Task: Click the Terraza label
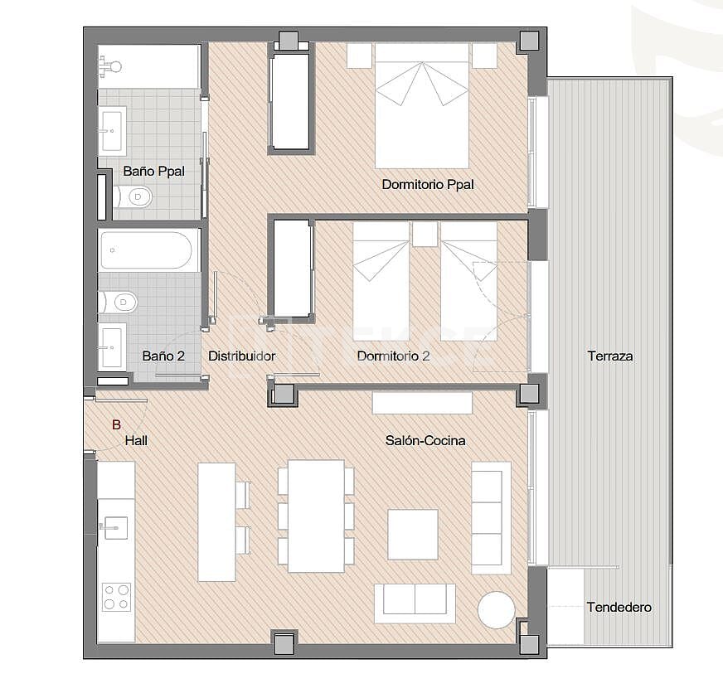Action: click(x=609, y=356)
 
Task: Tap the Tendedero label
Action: click(x=619, y=607)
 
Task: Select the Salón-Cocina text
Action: click(x=425, y=440)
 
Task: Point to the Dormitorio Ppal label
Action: click(x=428, y=185)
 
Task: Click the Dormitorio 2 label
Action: click(x=393, y=356)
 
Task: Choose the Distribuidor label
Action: click(x=241, y=356)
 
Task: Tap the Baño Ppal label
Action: click(x=153, y=171)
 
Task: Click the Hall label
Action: click(x=136, y=441)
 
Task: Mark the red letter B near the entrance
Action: click(x=116, y=425)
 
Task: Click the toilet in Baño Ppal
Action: click(x=136, y=196)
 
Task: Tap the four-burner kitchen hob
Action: click(x=116, y=597)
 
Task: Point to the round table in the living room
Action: click(x=496, y=610)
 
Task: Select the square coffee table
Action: click(x=413, y=535)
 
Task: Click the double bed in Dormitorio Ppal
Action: click(x=421, y=105)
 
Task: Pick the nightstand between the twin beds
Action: click(x=425, y=234)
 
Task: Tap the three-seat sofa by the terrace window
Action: click(x=491, y=518)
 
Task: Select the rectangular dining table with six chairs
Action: click(x=316, y=516)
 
